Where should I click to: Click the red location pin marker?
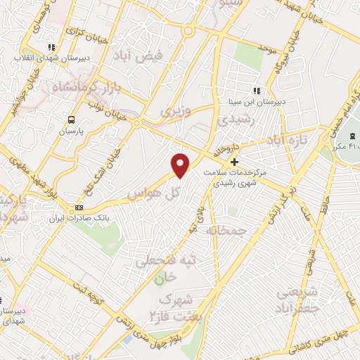(181, 165)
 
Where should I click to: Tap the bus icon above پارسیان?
(70, 120)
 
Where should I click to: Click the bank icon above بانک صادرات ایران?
(79, 207)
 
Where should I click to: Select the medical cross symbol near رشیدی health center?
(234, 162)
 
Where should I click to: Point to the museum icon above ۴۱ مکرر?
(352, 136)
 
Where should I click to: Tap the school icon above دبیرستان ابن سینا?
(256, 91)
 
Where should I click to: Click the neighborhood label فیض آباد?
(161, 54)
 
